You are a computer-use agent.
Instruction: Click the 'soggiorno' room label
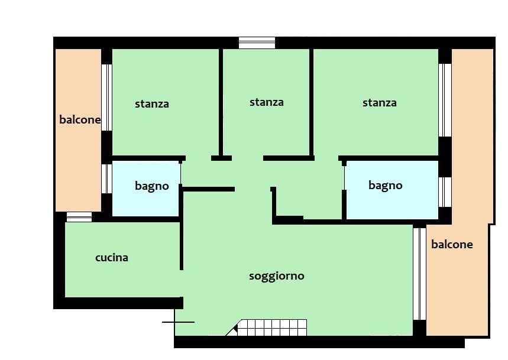(x=277, y=276)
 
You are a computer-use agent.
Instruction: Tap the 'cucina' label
(x=112, y=258)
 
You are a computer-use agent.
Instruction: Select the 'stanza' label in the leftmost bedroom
(x=152, y=104)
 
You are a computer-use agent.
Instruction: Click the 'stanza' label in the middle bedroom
(x=267, y=102)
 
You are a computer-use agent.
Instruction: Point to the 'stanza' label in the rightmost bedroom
(x=380, y=103)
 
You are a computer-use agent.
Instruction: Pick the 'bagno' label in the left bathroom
(x=152, y=186)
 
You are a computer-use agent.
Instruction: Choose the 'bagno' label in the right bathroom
(x=386, y=186)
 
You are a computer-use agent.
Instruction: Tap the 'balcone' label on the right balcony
(x=452, y=244)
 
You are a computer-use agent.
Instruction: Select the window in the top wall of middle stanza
(x=257, y=43)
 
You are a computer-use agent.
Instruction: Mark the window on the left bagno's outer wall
(x=107, y=179)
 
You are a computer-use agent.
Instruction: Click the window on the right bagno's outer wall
(x=445, y=192)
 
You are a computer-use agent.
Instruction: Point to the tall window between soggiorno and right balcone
(x=419, y=274)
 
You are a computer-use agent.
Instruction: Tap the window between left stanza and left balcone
(x=107, y=97)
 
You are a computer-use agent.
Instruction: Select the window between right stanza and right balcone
(x=445, y=100)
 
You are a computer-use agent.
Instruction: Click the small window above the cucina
(x=79, y=217)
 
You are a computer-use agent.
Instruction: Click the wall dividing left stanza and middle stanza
(x=221, y=100)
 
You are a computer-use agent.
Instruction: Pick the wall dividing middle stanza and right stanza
(x=311, y=100)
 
